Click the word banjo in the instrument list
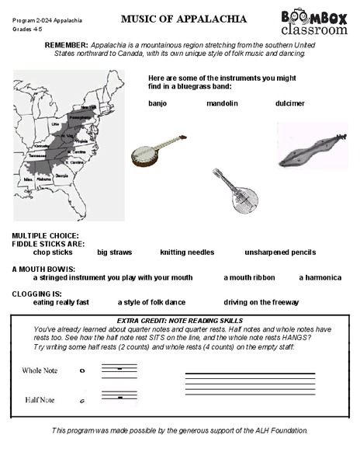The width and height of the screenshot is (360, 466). pyautogui.click(x=157, y=103)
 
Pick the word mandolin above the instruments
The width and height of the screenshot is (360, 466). pyautogui.click(x=222, y=103)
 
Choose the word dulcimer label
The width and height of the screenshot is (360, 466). pyautogui.click(x=289, y=103)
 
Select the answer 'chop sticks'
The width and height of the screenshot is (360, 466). pyautogui.click(x=53, y=252)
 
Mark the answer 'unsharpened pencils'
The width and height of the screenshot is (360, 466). pyautogui.click(x=280, y=252)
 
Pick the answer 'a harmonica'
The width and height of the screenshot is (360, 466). pyautogui.click(x=320, y=277)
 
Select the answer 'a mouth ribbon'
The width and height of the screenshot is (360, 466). pyautogui.click(x=249, y=277)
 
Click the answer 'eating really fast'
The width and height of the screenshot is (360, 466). pyautogui.click(x=61, y=302)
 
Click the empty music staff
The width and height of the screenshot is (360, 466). pyautogui.click(x=249, y=384)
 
